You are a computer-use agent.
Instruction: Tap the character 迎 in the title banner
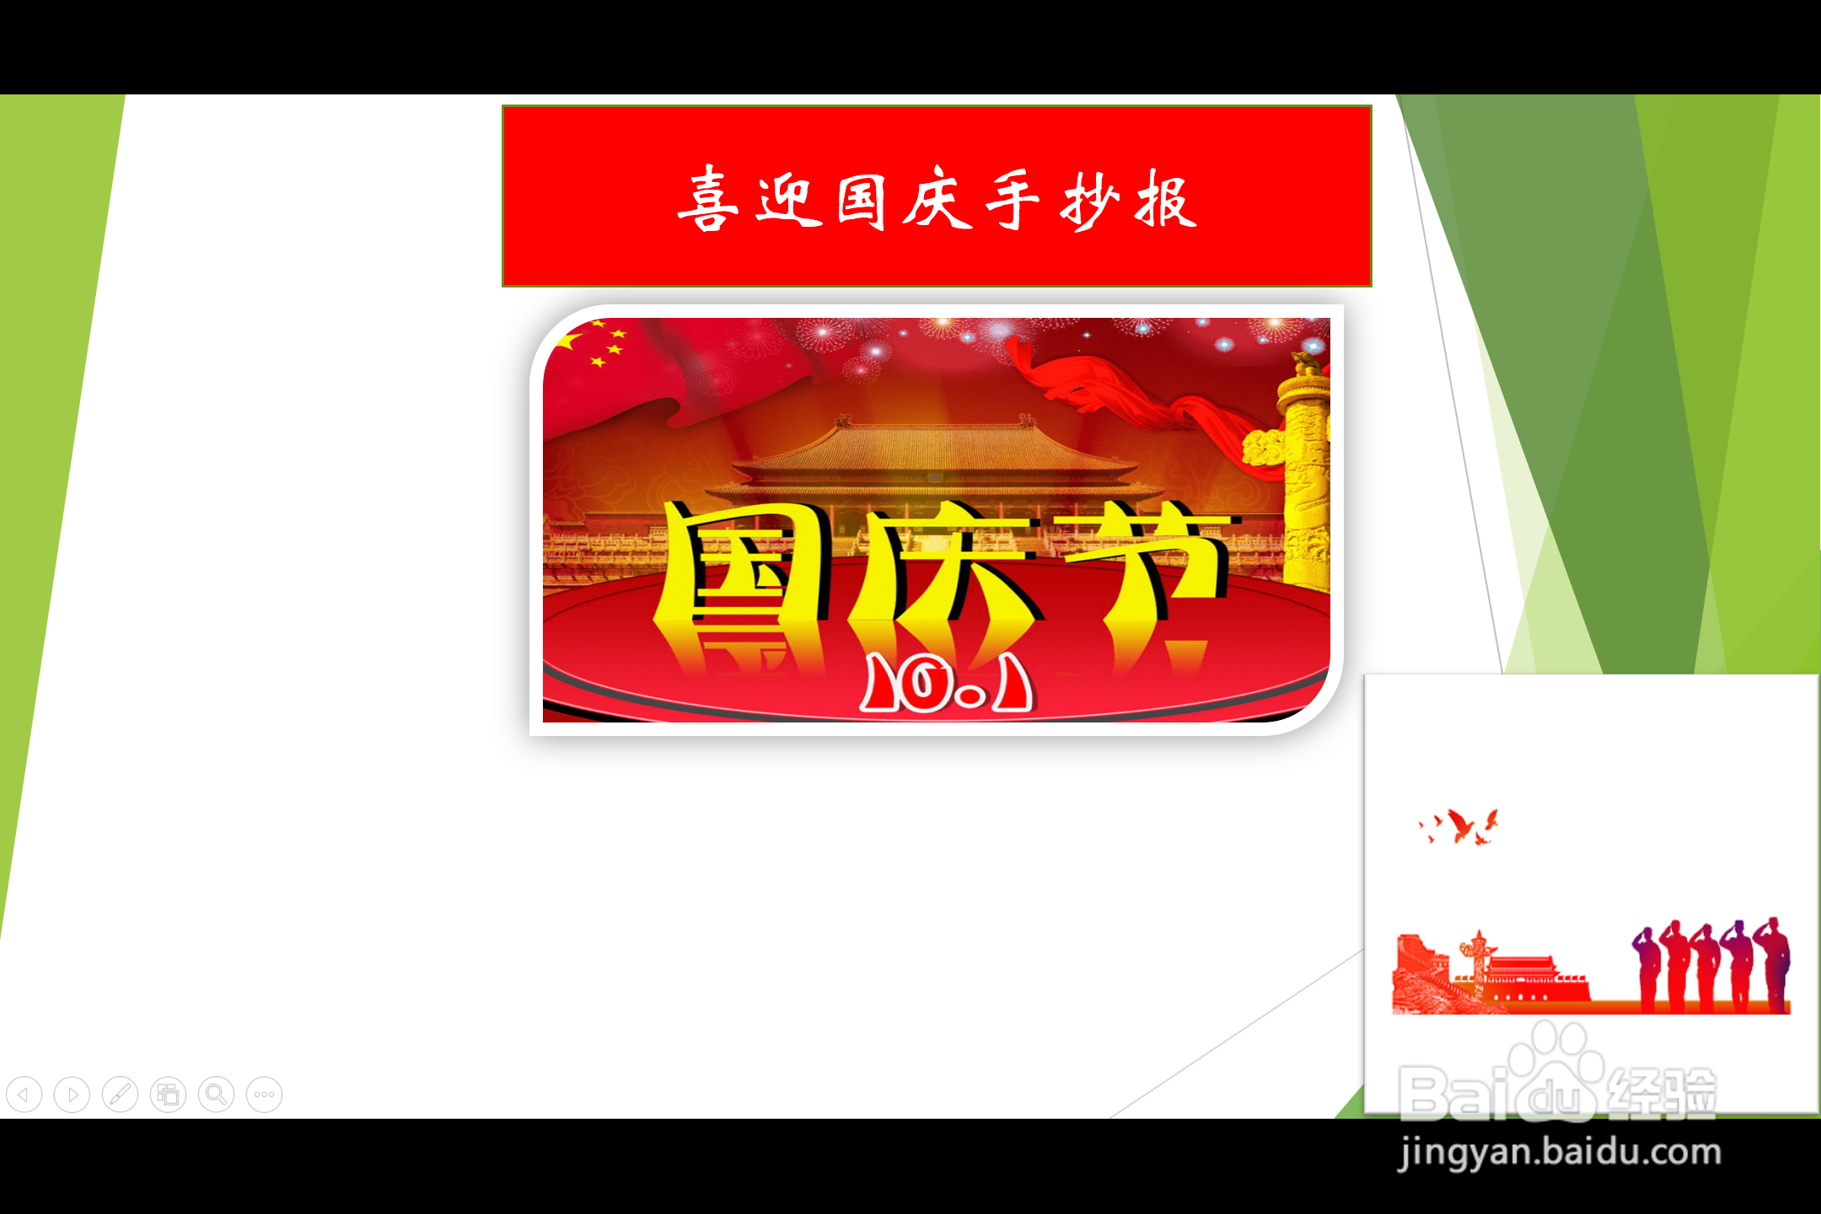tap(789, 201)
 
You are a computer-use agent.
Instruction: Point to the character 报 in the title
tap(1166, 200)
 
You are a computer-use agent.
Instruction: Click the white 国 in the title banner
tap(862, 201)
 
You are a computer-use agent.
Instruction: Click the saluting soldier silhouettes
tap(1711, 964)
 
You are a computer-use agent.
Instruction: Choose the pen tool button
tap(120, 1095)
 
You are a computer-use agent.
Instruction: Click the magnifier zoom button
tap(217, 1095)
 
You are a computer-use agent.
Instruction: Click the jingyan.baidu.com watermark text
tap(1560, 1152)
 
